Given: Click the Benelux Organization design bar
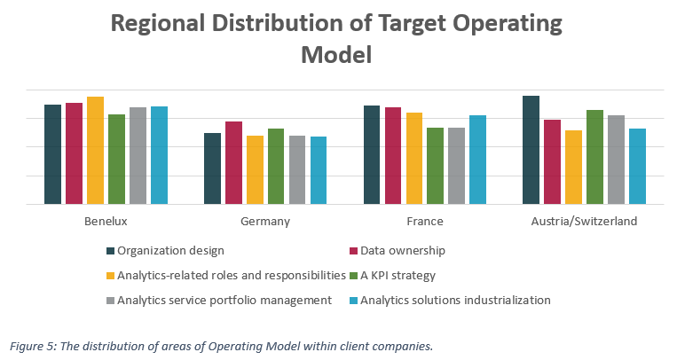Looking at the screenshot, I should point(52,154).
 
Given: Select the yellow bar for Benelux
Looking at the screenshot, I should point(95,151).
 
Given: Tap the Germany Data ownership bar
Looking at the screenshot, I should point(233,163).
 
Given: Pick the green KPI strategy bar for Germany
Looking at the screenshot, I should point(276,167).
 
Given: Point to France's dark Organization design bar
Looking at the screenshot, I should point(372,155).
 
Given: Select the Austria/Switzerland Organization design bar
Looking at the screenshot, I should point(531,150).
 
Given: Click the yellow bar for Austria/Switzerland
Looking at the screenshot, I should point(573,168).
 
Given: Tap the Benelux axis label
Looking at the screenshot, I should point(106,222).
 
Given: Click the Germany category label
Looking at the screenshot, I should point(265,222).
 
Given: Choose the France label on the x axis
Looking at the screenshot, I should point(425,222).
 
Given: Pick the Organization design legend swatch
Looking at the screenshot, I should point(111,251).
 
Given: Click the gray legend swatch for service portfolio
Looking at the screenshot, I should point(111,300).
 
